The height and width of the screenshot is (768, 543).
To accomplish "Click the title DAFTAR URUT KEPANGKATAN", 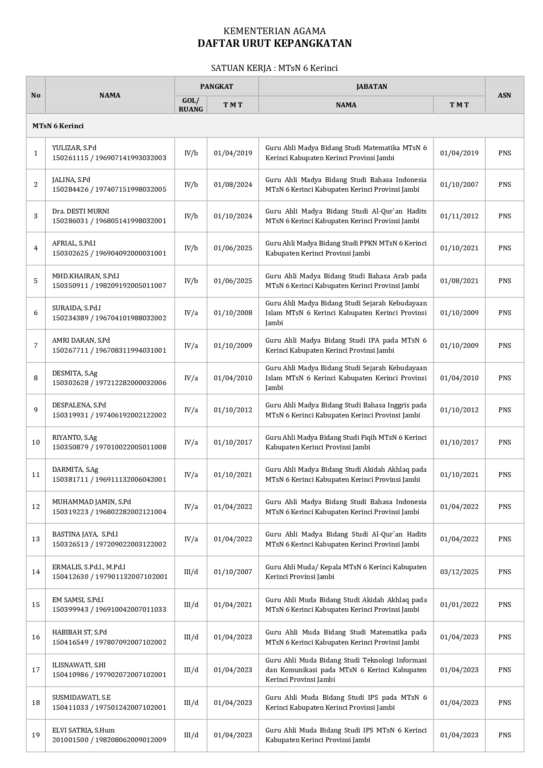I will click(275, 43).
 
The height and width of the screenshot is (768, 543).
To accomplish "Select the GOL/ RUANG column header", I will click(191, 105).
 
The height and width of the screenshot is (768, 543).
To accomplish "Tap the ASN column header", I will click(504, 95).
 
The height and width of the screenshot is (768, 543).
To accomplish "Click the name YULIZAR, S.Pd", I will click(74, 148).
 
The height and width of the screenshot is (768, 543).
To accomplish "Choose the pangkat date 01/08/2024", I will click(233, 185).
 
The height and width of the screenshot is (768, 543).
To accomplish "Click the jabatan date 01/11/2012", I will click(459, 216).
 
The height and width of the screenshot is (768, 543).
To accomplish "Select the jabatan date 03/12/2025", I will click(459, 572).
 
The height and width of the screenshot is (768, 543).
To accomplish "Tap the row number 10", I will click(36, 442).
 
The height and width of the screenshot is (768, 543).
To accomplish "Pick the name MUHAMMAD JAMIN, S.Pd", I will click(92, 502).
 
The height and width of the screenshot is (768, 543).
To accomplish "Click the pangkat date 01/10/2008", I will click(233, 313).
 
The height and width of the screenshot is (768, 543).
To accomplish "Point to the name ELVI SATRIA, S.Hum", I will click(84, 730).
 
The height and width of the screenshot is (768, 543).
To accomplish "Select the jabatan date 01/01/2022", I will click(459, 605).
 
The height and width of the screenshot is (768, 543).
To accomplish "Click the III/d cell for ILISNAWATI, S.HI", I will click(191, 670).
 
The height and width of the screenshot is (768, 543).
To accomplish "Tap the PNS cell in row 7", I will click(504, 346).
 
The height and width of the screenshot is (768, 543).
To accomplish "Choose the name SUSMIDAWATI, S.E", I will click(81, 698).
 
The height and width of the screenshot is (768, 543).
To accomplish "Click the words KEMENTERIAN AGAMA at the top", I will click(275, 31).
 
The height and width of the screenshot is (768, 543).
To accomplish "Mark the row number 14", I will click(36, 572).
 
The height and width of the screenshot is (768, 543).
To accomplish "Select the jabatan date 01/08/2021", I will click(459, 281).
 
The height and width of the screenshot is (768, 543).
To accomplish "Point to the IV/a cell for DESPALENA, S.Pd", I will click(191, 410).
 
